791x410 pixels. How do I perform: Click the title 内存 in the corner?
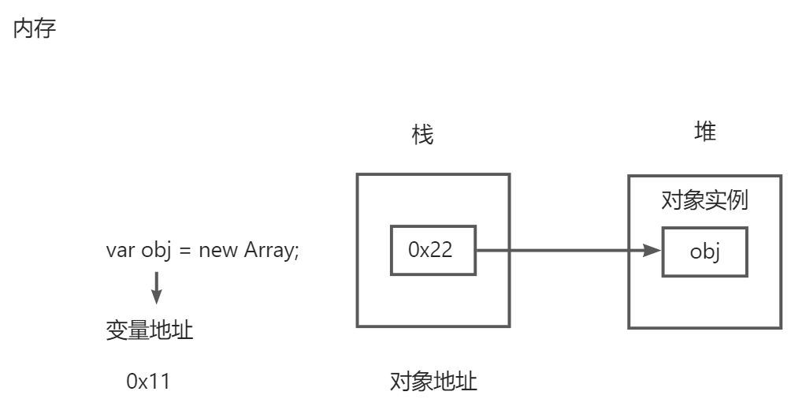(x=35, y=30)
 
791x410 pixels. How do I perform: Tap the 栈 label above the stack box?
(x=422, y=136)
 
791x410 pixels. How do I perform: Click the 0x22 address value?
(x=430, y=251)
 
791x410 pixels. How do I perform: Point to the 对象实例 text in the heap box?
(x=704, y=201)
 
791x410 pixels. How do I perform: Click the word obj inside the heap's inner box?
(x=705, y=252)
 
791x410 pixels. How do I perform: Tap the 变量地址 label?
(x=149, y=330)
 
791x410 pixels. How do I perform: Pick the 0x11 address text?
(x=147, y=382)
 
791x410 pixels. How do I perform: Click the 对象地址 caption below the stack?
(x=433, y=382)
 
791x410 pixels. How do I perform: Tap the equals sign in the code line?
(x=186, y=252)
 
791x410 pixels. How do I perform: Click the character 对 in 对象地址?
(x=401, y=382)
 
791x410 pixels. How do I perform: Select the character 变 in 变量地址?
(x=117, y=330)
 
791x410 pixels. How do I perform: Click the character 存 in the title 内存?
(x=46, y=30)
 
